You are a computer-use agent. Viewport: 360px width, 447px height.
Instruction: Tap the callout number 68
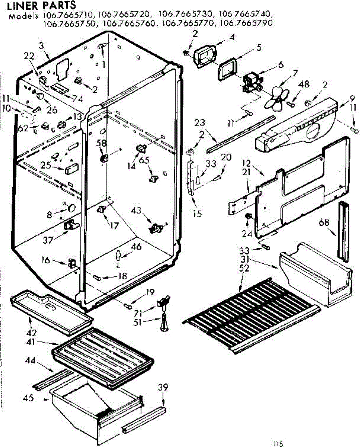pos(324,223)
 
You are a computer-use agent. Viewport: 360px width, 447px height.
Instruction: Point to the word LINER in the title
pos(21,6)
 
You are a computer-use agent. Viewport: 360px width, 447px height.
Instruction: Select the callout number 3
pos(41,46)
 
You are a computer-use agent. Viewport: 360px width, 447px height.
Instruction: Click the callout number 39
pos(162,388)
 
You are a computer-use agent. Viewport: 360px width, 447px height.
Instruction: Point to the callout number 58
pos(101,143)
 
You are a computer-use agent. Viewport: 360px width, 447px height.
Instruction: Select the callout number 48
pos(304,85)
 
